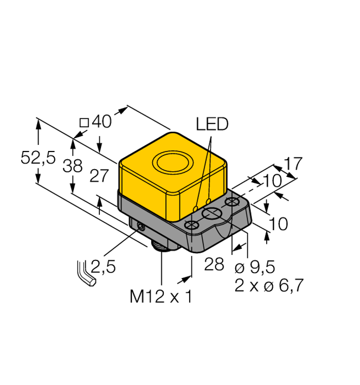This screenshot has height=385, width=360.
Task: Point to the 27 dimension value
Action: point(99,176)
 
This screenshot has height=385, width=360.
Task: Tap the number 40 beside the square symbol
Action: point(101,122)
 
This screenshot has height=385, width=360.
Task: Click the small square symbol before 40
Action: point(85,123)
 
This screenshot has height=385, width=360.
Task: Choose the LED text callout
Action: point(212,125)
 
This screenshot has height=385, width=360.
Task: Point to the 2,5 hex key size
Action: point(103,266)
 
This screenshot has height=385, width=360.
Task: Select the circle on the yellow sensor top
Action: point(172,164)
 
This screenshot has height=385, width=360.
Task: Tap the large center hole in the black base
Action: point(211,215)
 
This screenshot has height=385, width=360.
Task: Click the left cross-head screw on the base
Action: point(192,225)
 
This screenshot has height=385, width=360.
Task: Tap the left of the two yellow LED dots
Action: point(196,208)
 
